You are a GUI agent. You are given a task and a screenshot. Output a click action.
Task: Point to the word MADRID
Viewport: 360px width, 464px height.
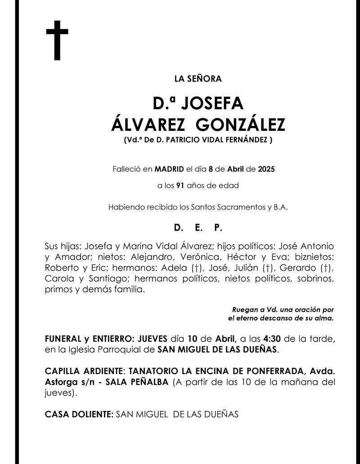tap(169, 170)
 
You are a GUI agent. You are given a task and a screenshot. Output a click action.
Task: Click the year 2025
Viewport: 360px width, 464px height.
tap(266, 170)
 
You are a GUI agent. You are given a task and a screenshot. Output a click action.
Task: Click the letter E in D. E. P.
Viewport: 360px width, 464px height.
tap(198, 228)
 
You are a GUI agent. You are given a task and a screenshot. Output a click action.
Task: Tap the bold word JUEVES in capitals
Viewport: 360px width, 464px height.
tap(151, 339)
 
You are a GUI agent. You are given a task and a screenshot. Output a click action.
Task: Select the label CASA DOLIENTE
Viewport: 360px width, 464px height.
tap(79, 414)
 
